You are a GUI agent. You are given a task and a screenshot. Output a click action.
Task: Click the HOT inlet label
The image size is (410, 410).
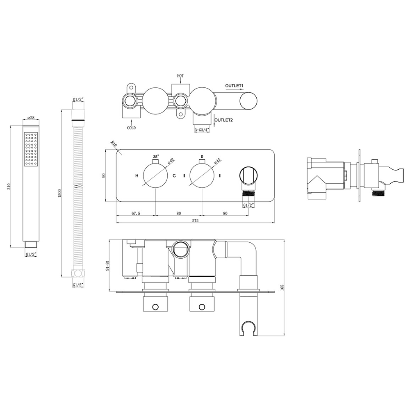click(x=180, y=76)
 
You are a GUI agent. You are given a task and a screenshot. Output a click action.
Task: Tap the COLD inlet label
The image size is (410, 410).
click(x=132, y=128)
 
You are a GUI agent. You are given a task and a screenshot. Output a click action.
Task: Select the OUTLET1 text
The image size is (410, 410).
click(x=235, y=86)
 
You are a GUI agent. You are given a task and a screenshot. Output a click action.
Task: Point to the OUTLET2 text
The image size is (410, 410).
click(x=224, y=120)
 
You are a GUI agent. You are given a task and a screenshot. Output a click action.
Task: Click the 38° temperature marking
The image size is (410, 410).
click(x=155, y=157)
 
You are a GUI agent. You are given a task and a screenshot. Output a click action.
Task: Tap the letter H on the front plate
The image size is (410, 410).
click(x=137, y=176)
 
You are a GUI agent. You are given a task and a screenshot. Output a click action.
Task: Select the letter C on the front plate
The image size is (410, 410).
click(x=174, y=176)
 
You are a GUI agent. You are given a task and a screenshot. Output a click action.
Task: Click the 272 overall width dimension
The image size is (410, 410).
click(x=195, y=221)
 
